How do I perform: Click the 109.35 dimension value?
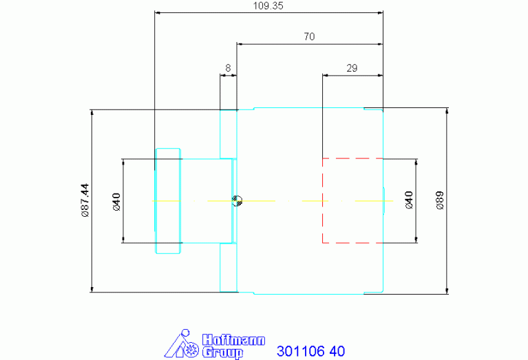click(x=268, y=6)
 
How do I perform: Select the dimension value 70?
click(x=309, y=36)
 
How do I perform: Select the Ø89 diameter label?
click(x=440, y=200)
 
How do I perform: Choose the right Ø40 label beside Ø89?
click(x=409, y=200)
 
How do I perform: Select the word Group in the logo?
click(x=221, y=352)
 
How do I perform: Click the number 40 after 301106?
click(x=337, y=351)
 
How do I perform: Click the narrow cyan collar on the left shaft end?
click(x=168, y=200)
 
